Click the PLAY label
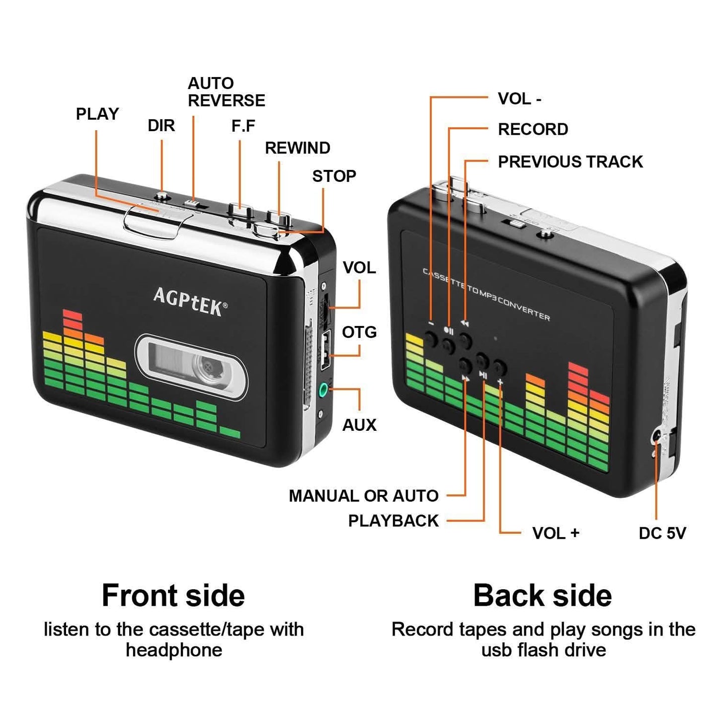[97, 114]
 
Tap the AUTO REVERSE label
[226, 92]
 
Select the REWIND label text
[297, 148]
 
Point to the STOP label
[334, 176]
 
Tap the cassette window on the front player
[191, 367]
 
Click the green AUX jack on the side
[324, 390]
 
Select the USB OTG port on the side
[325, 351]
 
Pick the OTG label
[359, 332]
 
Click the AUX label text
[359, 425]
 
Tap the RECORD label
[533, 129]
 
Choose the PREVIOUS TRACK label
[570, 161]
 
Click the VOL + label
[556, 533]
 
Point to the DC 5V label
[662, 533]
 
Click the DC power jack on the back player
[657, 437]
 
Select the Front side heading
[173, 595]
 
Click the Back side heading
[542, 595]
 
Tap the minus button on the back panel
[431, 339]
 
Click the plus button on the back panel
[499, 368]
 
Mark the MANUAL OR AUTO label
[363, 495]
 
